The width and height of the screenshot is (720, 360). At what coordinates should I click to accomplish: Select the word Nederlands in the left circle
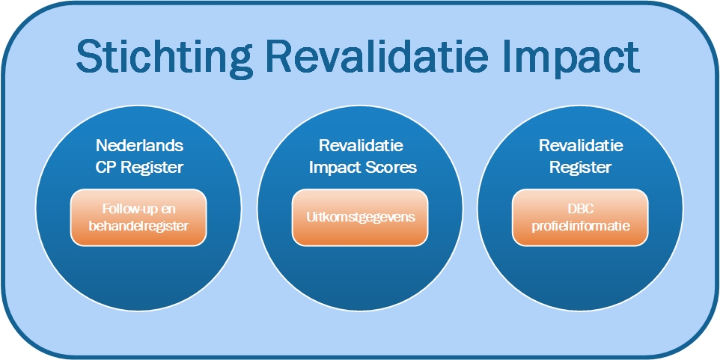(140, 146)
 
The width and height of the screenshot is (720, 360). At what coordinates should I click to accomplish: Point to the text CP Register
(140, 168)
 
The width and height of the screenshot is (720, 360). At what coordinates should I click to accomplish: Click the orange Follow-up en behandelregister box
(138, 218)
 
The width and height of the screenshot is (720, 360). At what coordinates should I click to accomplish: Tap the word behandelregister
(138, 226)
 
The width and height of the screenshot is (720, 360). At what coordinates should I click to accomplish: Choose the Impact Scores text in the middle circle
(363, 168)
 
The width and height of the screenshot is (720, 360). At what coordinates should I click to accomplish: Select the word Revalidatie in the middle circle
(361, 146)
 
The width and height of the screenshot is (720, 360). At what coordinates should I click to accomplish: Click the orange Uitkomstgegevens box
(360, 218)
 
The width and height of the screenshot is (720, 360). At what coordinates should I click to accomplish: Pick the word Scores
(391, 168)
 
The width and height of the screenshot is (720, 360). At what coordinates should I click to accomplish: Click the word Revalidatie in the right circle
(581, 146)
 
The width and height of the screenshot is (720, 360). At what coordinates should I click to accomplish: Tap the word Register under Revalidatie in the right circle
(581, 168)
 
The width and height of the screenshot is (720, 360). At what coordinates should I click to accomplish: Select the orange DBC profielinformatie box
(580, 218)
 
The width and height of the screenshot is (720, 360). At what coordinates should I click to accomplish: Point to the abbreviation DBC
(580, 210)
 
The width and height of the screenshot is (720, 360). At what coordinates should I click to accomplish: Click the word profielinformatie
(581, 226)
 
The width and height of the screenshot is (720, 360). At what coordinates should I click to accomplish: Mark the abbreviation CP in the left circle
(105, 168)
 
